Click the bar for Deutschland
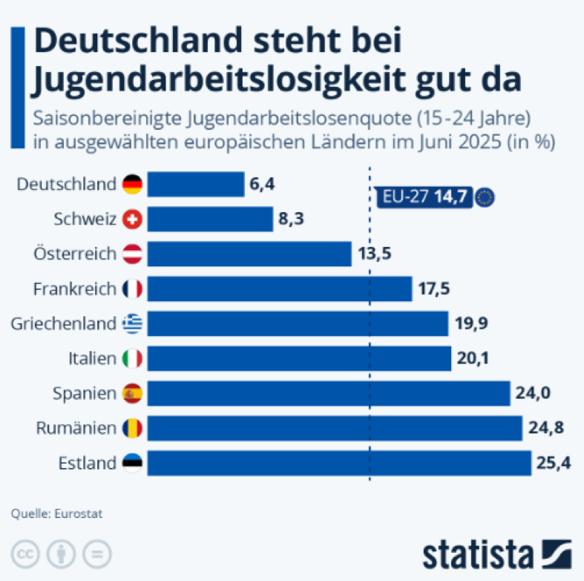point(196,184)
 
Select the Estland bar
point(339,463)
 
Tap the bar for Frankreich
point(280,289)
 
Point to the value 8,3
point(292,219)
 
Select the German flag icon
point(133,184)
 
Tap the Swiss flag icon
point(133,219)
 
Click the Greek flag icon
point(133,324)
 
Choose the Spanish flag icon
point(133,393)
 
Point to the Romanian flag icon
point(133,428)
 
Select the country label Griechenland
point(64,324)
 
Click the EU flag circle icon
point(486,197)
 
